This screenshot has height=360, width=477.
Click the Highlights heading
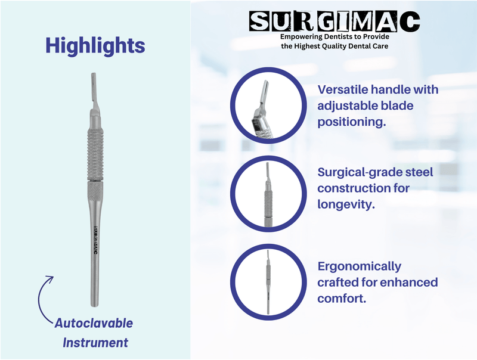point(95,45)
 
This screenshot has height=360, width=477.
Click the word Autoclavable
point(94,324)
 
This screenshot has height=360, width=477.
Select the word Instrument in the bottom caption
point(95,343)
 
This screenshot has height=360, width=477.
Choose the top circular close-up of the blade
point(266,107)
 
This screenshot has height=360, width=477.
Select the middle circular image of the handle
point(266,195)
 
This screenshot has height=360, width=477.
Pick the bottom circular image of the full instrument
point(266,282)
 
